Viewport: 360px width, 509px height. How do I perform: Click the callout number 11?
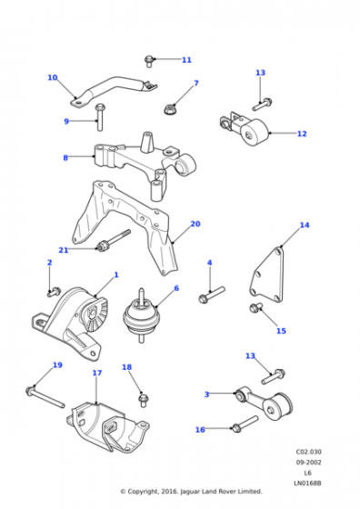[x=186, y=60]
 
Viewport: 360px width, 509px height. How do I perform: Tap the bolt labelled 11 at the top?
[x=149, y=61]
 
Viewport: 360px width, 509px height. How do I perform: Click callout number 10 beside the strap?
[x=53, y=77]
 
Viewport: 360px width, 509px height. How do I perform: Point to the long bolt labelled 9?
[x=100, y=117]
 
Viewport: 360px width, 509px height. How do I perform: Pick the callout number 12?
[x=302, y=134]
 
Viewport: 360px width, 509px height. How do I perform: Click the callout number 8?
[x=65, y=158]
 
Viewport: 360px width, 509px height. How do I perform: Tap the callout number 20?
[x=195, y=224]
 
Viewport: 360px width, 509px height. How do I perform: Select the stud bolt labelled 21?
[x=114, y=241]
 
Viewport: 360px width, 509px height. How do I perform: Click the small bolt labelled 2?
[x=55, y=292]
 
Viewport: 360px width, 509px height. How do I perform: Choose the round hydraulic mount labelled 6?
[x=141, y=315]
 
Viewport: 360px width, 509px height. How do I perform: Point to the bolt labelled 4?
[x=212, y=294]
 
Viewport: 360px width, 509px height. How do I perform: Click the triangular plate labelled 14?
[x=267, y=275]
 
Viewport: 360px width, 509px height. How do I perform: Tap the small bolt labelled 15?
[x=255, y=307]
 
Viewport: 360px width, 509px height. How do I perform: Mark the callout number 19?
[x=57, y=365]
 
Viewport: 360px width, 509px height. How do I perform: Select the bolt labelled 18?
[x=143, y=400]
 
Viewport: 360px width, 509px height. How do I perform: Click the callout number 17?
[x=97, y=373]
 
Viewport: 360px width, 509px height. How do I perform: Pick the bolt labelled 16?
[x=245, y=424]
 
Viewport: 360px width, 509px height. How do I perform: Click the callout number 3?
[x=206, y=394]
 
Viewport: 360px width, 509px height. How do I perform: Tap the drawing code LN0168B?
[x=307, y=484]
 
